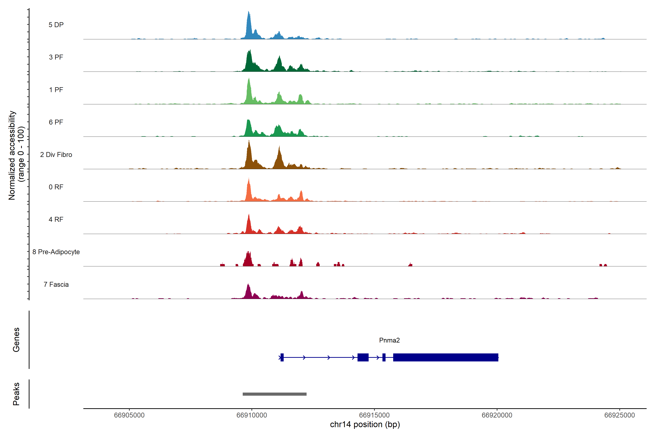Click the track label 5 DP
pyautogui.click(x=56, y=25)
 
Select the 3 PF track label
pyautogui.click(x=56, y=57)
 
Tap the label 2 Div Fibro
pyautogui.click(x=56, y=155)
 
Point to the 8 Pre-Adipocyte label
pyautogui.click(x=56, y=252)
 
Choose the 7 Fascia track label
pyautogui.click(x=56, y=285)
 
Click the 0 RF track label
pyautogui.click(x=56, y=187)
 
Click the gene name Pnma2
pyautogui.click(x=389, y=340)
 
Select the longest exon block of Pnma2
pyautogui.click(x=446, y=357)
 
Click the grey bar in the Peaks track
pyautogui.click(x=274, y=394)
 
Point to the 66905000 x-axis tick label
pyautogui.click(x=129, y=415)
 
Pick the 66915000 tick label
pyautogui.click(x=374, y=415)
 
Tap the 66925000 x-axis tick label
pyautogui.click(x=619, y=415)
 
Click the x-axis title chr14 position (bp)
pyautogui.click(x=365, y=424)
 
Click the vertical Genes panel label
pyautogui.click(x=16, y=340)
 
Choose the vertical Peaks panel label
pyautogui.click(x=16, y=394)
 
